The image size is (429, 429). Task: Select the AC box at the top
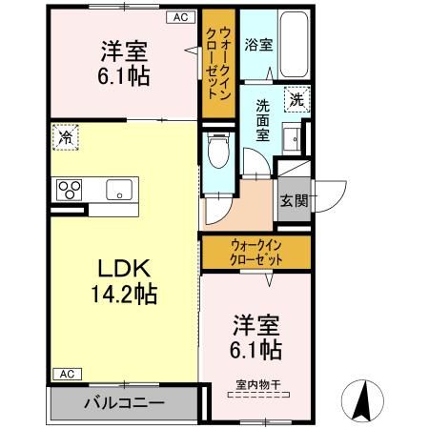click(180, 16)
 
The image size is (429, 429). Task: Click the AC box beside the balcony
click(64, 373)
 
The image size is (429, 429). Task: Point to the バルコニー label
click(121, 402)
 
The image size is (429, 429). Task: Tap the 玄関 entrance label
click(294, 200)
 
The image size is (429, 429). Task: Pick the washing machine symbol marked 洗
click(296, 97)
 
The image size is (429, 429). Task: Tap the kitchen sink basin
click(120, 187)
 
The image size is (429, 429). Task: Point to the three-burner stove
click(70, 188)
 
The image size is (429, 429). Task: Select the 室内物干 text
click(255, 386)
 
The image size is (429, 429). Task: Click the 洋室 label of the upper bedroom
click(123, 50)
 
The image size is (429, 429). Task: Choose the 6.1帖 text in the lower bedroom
click(255, 349)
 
